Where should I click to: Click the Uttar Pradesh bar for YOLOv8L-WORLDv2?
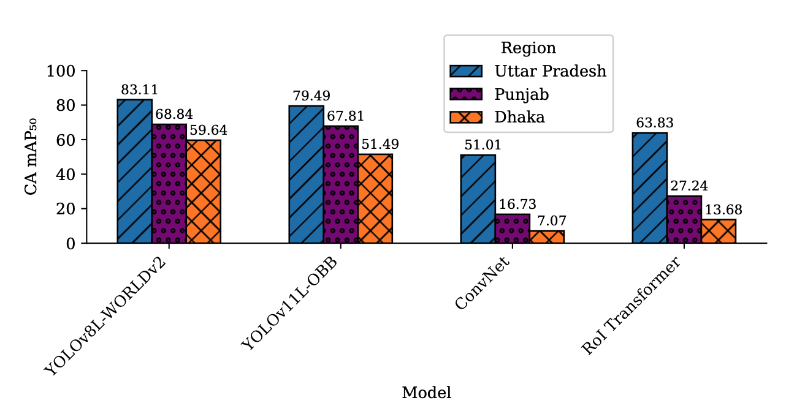[x=134, y=171]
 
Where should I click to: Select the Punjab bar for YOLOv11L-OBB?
[x=340, y=184]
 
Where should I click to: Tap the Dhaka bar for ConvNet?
[x=547, y=237]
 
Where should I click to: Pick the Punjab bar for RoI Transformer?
[x=684, y=219]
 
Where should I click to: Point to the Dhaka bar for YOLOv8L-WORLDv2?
[x=204, y=192]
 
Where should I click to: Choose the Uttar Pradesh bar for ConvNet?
[x=478, y=199]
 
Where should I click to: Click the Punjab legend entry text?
[x=521, y=94]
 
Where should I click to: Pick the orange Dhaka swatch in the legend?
[x=466, y=117]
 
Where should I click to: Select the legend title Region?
[x=528, y=48]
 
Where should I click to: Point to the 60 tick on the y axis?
[x=62, y=140]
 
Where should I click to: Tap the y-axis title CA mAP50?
[x=32, y=157]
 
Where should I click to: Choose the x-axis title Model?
[x=426, y=393]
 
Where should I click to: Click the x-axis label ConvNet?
[x=483, y=285]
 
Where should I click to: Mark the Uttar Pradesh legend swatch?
[x=466, y=71]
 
